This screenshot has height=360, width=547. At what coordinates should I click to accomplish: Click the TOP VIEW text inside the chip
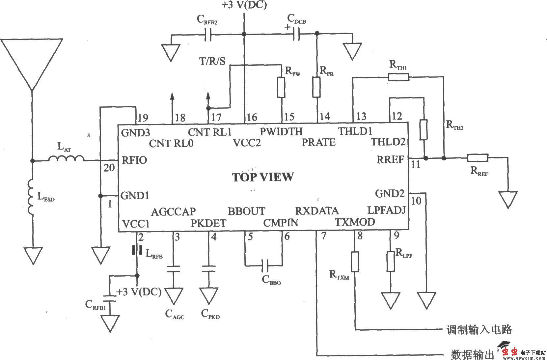[x=262, y=177]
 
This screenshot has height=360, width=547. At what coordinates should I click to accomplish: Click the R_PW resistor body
[x=281, y=87]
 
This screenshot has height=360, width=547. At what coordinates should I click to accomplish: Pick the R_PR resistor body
[x=316, y=87]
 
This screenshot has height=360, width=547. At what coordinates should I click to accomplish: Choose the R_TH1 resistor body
[x=398, y=77]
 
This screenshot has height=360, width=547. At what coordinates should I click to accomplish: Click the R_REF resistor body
[x=478, y=158]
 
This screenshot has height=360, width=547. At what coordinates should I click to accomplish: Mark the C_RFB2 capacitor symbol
[x=208, y=34]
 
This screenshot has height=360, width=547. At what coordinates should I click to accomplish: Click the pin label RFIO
[x=134, y=160]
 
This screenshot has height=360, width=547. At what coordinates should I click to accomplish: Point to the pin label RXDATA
[x=316, y=211]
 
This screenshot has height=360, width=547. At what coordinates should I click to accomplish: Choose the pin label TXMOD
[x=355, y=222]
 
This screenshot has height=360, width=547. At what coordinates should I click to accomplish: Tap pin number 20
[x=109, y=168]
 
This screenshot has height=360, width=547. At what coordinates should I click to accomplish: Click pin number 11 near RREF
[x=416, y=164]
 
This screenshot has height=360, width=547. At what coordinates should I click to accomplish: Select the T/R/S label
[x=212, y=61]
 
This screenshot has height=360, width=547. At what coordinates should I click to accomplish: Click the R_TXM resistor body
[x=355, y=262]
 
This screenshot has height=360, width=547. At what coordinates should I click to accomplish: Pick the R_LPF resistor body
[x=391, y=262]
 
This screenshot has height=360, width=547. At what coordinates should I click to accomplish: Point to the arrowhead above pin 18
[x=172, y=96]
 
